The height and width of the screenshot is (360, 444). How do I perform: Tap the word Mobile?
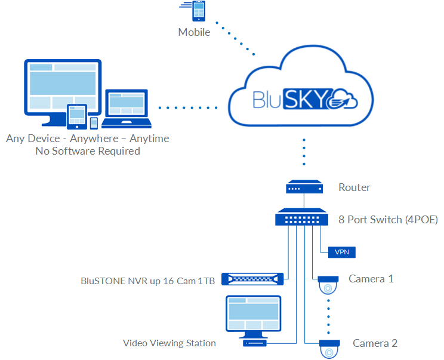[x=194, y=32]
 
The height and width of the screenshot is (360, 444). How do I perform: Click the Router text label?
[x=354, y=187]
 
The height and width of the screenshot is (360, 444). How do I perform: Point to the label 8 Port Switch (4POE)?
[x=388, y=220]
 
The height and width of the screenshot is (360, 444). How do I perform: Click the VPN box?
[x=342, y=252]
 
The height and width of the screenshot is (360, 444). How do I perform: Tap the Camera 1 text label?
[x=371, y=279]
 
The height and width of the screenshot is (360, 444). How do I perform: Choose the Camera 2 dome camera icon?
[x=329, y=348]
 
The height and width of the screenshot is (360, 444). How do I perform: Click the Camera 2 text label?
[x=375, y=343]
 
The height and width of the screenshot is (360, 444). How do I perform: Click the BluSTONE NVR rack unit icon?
[x=251, y=279]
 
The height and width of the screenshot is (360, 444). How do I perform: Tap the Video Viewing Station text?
[x=169, y=343]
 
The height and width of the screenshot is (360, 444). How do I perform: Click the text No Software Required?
[x=87, y=151]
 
